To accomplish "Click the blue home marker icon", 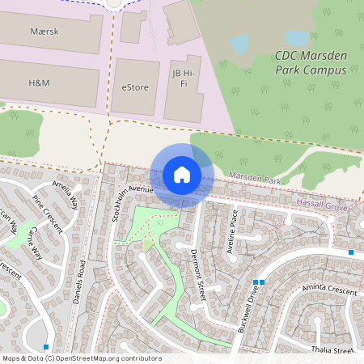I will [x=182, y=175].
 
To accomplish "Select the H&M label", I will [x=39, y=83].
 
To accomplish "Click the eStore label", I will [x=135, y=87].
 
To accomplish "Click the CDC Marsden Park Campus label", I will [x=310, y=63].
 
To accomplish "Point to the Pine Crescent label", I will [x=46, y=213].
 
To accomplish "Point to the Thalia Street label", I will [x=332, y=351].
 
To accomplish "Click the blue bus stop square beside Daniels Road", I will [x=46, y=346].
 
